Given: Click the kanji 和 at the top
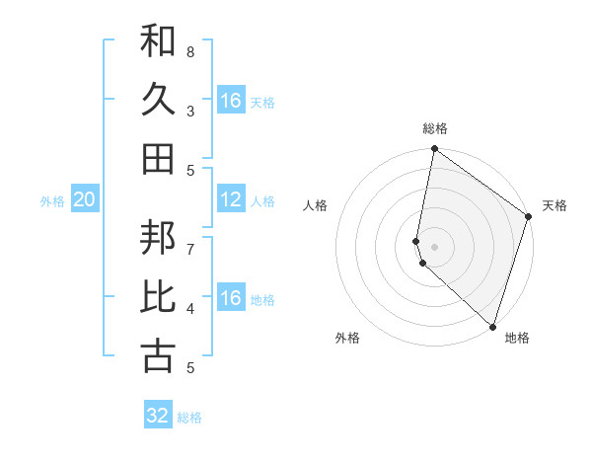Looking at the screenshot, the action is (x=158, y=40).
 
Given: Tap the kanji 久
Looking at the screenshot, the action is (x=158, y=100).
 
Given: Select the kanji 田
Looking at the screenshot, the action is (x=158, y=159).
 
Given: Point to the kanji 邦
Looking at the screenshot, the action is (x=158, y=238).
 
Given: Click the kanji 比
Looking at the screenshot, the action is (x=158, y=297).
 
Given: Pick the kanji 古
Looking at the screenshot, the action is (x=158, y=356).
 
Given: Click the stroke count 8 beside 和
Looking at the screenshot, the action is (x=190, y=50).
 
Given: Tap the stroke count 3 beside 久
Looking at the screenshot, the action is (x=190, y=111).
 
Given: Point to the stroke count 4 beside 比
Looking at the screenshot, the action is (x=190, y=308).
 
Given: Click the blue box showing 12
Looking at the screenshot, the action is (x=231, y=199).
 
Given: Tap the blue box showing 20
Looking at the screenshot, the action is (x=84, y=199).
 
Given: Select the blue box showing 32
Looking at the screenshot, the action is (x=158, y=416).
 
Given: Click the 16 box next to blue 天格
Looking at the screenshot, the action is (x=231, y=101).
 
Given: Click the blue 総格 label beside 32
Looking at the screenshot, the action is (x=189, y=418).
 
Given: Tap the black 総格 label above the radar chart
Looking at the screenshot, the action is (x=435, y=128).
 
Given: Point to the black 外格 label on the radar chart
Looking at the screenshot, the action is (x=347, y=338).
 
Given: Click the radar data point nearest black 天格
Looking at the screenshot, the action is (x=529, y=218).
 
